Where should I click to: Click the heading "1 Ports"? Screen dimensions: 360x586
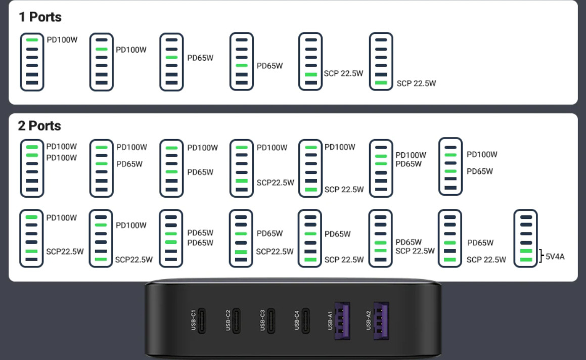click(x=40, y=17)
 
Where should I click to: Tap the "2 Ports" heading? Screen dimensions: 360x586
click(x=39, y=126)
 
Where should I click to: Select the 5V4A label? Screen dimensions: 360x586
click(x=555, y=257)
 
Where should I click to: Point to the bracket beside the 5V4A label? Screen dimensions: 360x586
click(x=542, y=255)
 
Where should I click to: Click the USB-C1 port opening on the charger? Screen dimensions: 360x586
click(x=202, y=321)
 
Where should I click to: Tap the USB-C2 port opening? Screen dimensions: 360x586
click(x=237, y=321)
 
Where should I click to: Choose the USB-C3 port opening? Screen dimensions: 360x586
click(x=271, y=321)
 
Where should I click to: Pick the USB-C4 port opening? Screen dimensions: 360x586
click(x=306, y=321)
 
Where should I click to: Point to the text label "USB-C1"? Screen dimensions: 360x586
click(x=193, y=321)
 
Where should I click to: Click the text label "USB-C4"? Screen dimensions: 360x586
click(x=297, y=321)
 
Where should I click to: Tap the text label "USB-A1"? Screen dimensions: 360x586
click(x=331, y=321)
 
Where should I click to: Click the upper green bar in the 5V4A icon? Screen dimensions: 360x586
click(x=526, y=251)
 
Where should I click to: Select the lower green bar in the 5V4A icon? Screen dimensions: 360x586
click(x=526, y=259)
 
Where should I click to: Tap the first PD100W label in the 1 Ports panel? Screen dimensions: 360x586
click(x=62, y=39)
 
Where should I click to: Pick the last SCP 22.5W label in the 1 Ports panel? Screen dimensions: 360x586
click(x=416, y=83)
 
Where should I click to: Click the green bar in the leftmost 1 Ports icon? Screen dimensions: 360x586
click(x=32, y=40)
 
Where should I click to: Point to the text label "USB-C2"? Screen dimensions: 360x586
click(x=228, y=321)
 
